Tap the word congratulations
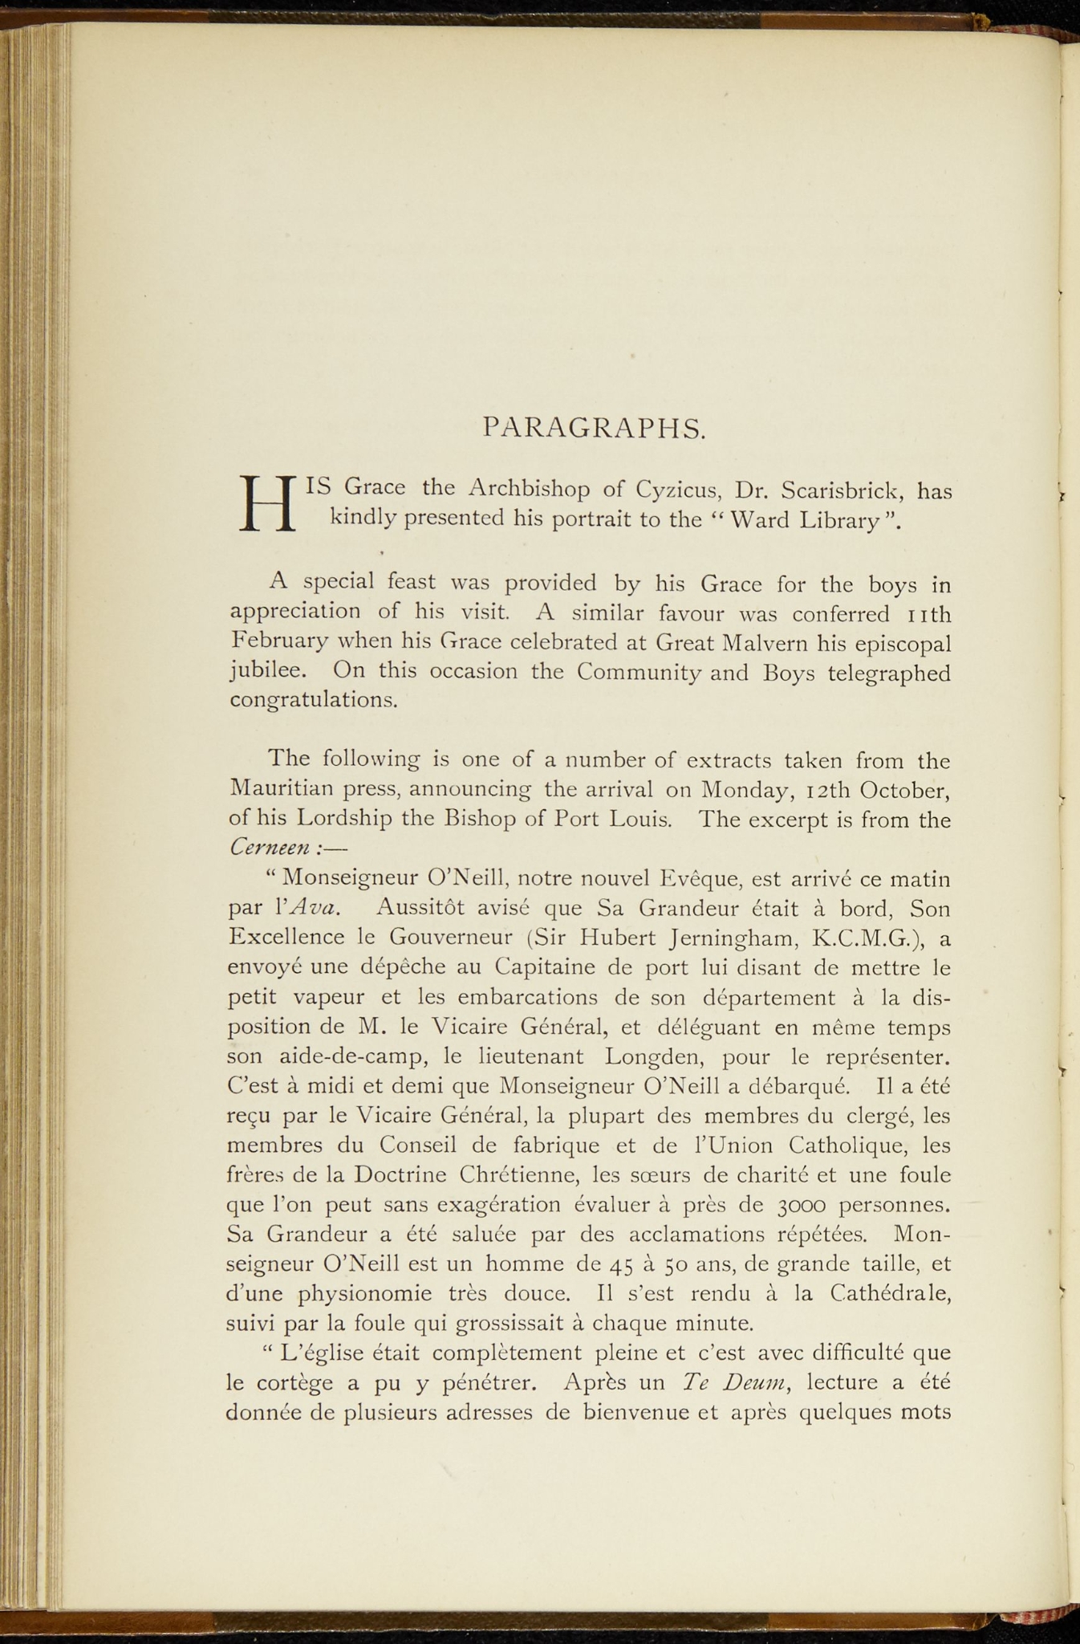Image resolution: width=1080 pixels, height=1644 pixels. [313, 700]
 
